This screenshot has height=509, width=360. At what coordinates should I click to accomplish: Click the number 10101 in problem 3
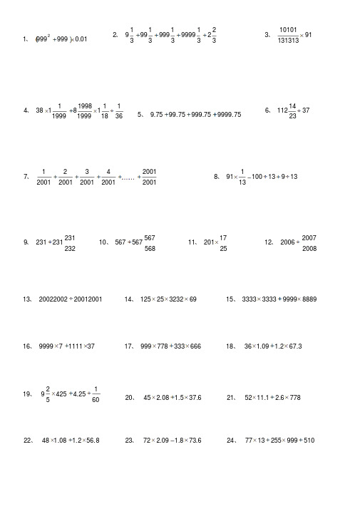click(x=288, y=30)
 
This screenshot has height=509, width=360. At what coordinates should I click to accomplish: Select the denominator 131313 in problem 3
click(x=288, y=41)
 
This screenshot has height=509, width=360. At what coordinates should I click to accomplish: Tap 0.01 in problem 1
click(x=81, y=38)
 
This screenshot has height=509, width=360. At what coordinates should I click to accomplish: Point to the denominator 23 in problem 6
click(x=292, y=116)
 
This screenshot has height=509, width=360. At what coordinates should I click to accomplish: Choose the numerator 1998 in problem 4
click(x=84, y=105)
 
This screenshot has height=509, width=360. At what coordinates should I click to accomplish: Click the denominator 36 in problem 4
click(x=118, y=116)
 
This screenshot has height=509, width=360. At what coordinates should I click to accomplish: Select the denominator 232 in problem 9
click(x=70, y=249)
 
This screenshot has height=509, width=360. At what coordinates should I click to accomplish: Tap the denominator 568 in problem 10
click(x=150, y=249)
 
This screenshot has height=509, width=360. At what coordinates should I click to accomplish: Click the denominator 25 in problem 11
click(x=223, y=249)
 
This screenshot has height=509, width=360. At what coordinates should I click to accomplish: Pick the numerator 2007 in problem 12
click(x=309, y=237)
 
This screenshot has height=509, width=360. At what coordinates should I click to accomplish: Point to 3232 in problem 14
click(x=178, y=299)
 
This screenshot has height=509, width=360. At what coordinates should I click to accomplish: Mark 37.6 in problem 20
click(x=194, y=398)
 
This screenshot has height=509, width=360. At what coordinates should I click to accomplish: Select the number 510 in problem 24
click(x=308, y=441)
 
